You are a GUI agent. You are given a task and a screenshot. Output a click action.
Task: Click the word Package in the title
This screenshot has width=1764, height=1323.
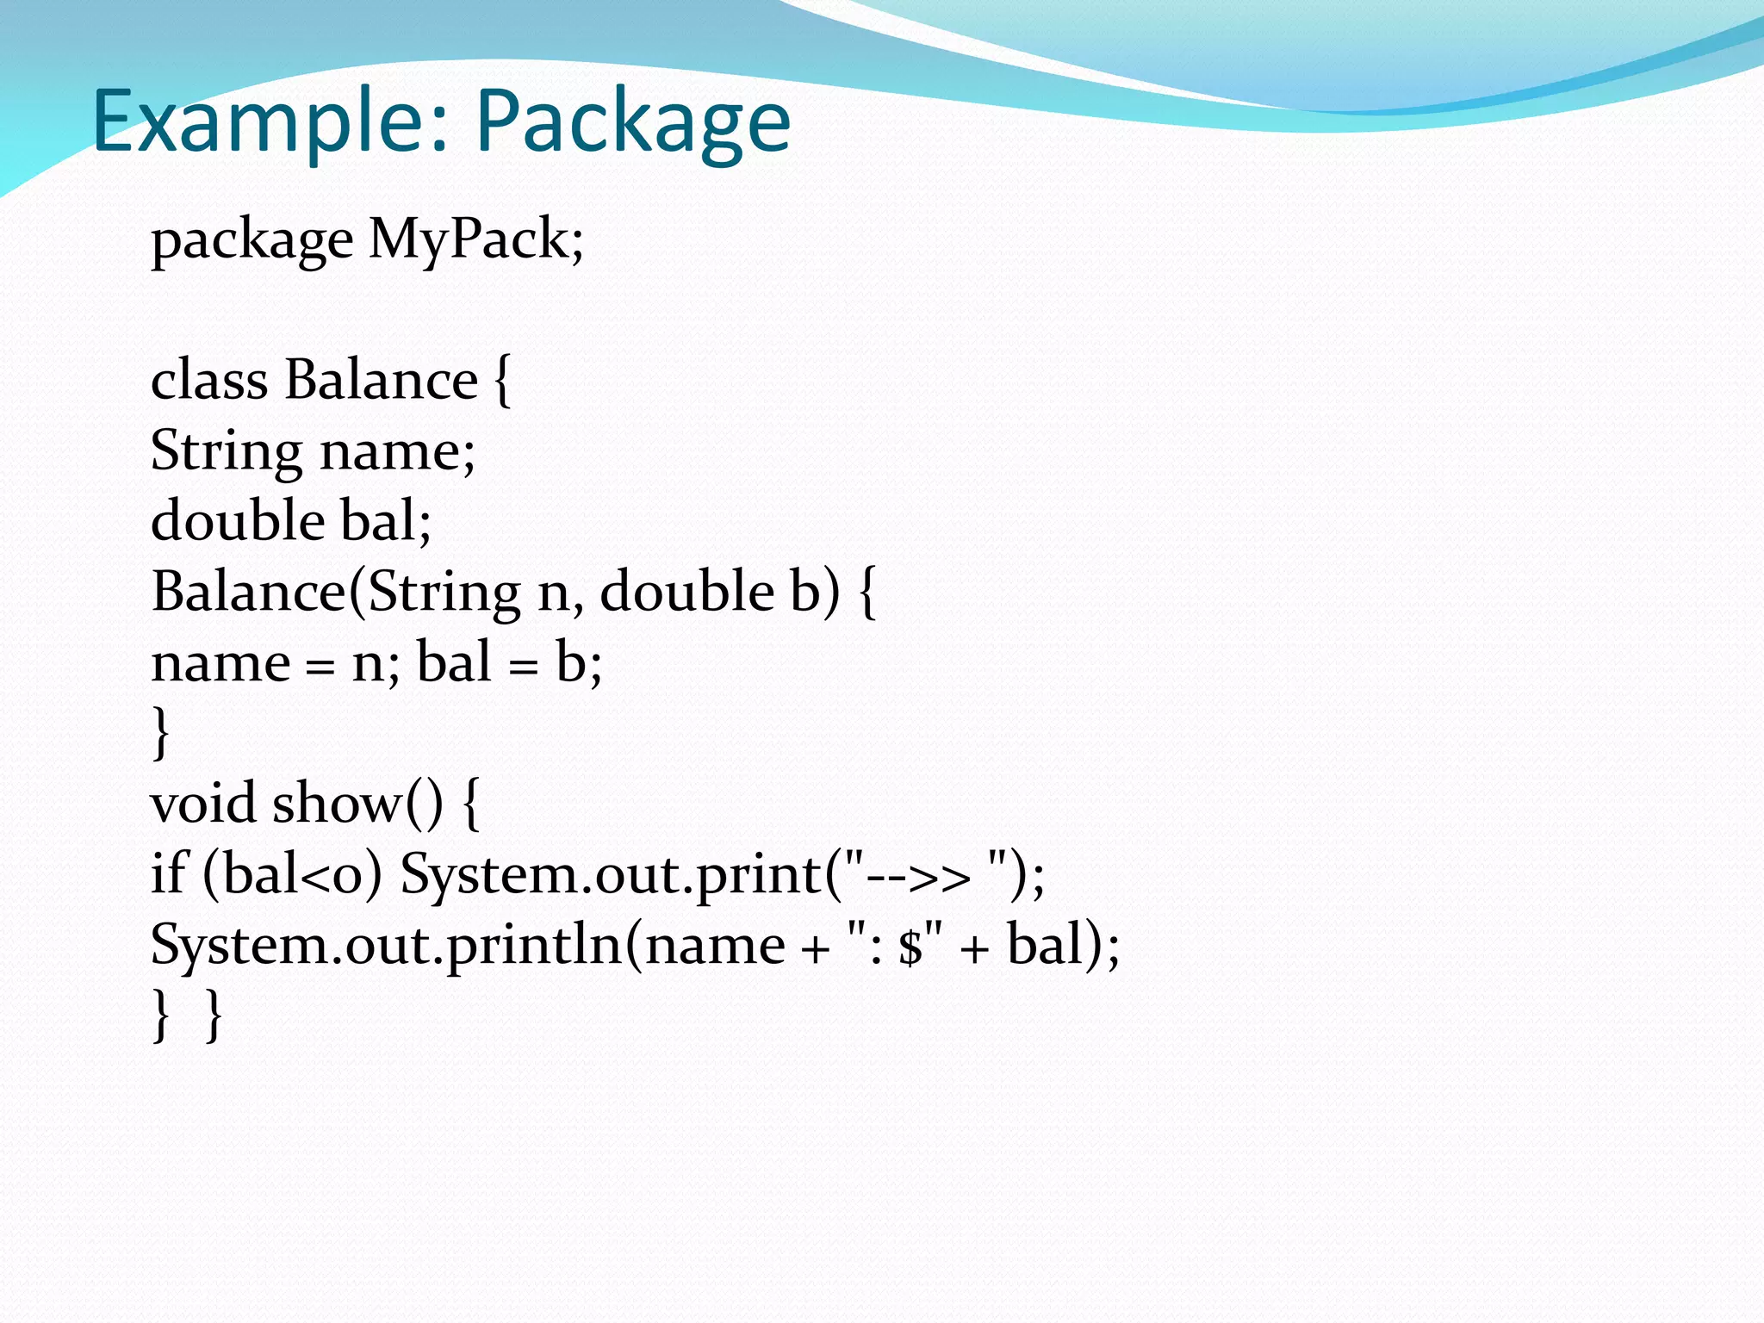(633, 122)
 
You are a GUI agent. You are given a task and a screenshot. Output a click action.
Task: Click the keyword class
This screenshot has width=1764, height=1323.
(208, 381)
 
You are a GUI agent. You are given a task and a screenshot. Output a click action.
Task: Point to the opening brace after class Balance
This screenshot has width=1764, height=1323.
(503, 382)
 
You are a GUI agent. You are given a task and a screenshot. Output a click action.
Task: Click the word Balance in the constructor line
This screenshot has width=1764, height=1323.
(248, 593)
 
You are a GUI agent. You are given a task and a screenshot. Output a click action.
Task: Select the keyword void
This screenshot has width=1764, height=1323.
(203, 804)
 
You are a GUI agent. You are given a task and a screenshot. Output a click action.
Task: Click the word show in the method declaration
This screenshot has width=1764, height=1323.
(337, 804)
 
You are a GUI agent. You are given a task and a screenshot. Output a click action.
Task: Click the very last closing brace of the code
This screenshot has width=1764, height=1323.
(214, 1016)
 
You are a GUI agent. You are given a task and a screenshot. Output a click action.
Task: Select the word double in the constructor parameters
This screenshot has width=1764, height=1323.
(686, 593)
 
